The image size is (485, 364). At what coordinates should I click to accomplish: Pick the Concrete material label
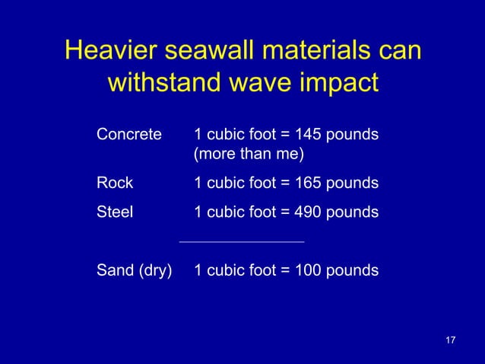[x=129, y=135]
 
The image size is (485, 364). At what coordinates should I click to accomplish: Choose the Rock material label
[x=115, y=183]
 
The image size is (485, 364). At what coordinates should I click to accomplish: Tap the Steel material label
[x=115, y=212]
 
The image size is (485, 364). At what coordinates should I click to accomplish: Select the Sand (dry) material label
[x=134, y=270]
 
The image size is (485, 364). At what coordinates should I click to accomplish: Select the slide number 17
[x=450, y=339]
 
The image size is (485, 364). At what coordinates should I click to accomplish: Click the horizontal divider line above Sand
[x=241, y=242]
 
